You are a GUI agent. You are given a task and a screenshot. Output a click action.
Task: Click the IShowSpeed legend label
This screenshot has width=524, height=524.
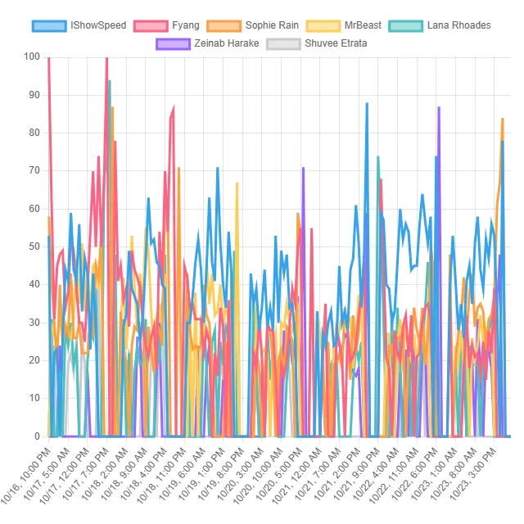[98, 25]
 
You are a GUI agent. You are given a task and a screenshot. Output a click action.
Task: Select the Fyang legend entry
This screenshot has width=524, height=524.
[186, 25]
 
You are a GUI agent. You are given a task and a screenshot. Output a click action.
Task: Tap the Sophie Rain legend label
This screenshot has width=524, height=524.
[270, 25]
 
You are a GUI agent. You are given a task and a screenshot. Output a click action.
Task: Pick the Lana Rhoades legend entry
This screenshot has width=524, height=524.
[458, 25]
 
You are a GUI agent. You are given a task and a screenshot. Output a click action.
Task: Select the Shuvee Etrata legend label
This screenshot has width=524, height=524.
[336, 43]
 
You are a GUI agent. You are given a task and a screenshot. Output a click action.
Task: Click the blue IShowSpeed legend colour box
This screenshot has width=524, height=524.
[49, 25]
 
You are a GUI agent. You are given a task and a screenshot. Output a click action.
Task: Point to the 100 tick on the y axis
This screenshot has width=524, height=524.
[32, 56]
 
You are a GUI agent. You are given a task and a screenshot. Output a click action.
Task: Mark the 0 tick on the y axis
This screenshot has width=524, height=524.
[37, 436]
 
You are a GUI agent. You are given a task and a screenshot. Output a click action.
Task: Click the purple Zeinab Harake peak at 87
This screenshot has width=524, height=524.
[439, 107]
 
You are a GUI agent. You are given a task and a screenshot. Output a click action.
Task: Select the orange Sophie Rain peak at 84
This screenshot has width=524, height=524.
[502, 119]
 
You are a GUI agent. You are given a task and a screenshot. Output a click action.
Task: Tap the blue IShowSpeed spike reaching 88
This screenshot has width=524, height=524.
[367, 103]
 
